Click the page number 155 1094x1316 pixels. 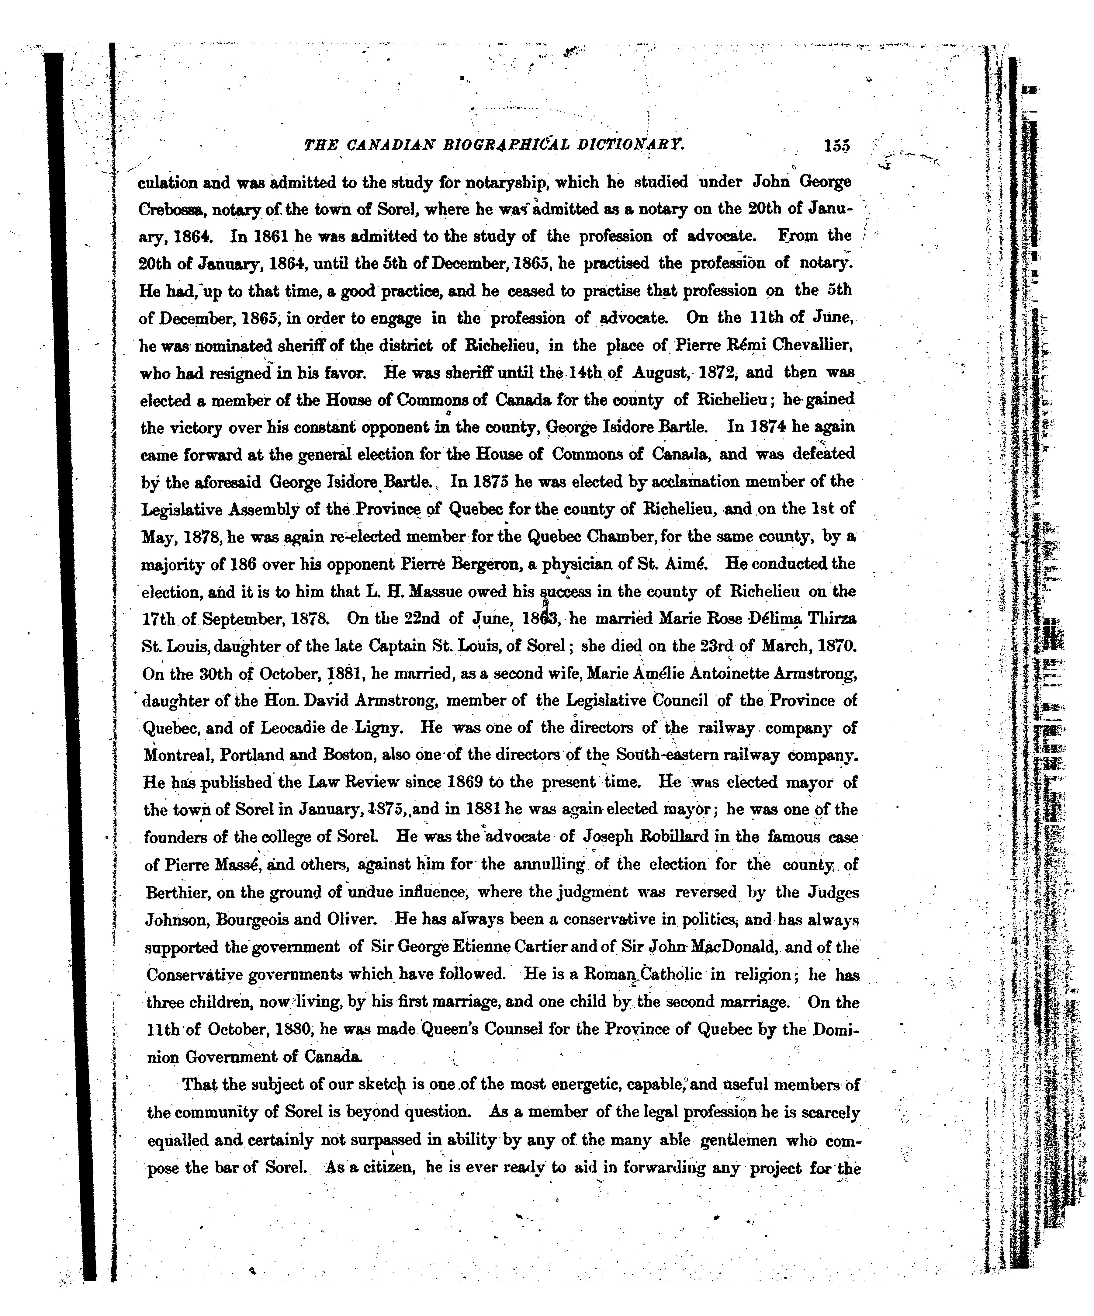tap(837, 146)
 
